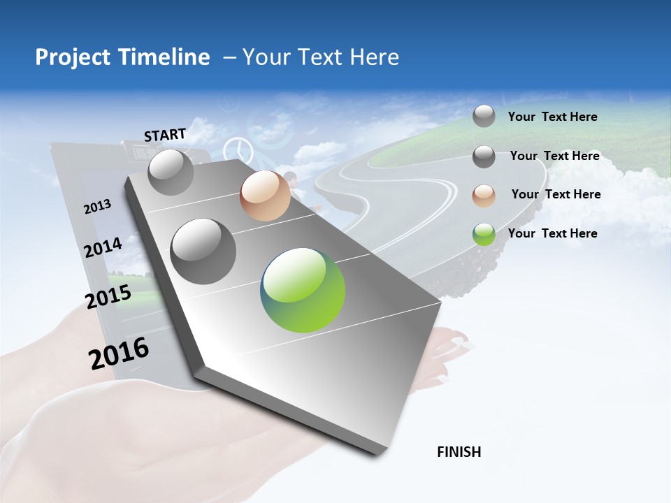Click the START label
pyautogui.click(x=165, y=135)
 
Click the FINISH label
pyautogui.click(x=459, y=452)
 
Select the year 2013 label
pyautogui.click(x=97, y=206)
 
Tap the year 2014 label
pyautogui.click(x=103, y=247)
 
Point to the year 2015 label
pyautogui.click(x=108, y=297)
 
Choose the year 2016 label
pyautogui.click(x=119, y=353)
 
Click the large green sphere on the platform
pyautogui.click(x=303, y=290)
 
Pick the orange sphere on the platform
pyautogui.click(x=265, y=196)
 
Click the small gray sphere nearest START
pyautogui.click(x=171, y=173)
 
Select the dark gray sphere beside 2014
pyautogui.click(x=203, y=251)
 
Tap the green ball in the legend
pyautogui.click(x=484, y=234)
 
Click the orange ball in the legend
pyautogui.click(x=484, y=196)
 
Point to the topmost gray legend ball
pyautogui.click(x=484, y=116)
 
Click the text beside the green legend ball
pyautogui.click(x=552, y=233)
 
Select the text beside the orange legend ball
pyautogui.click(x=556, y=194)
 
